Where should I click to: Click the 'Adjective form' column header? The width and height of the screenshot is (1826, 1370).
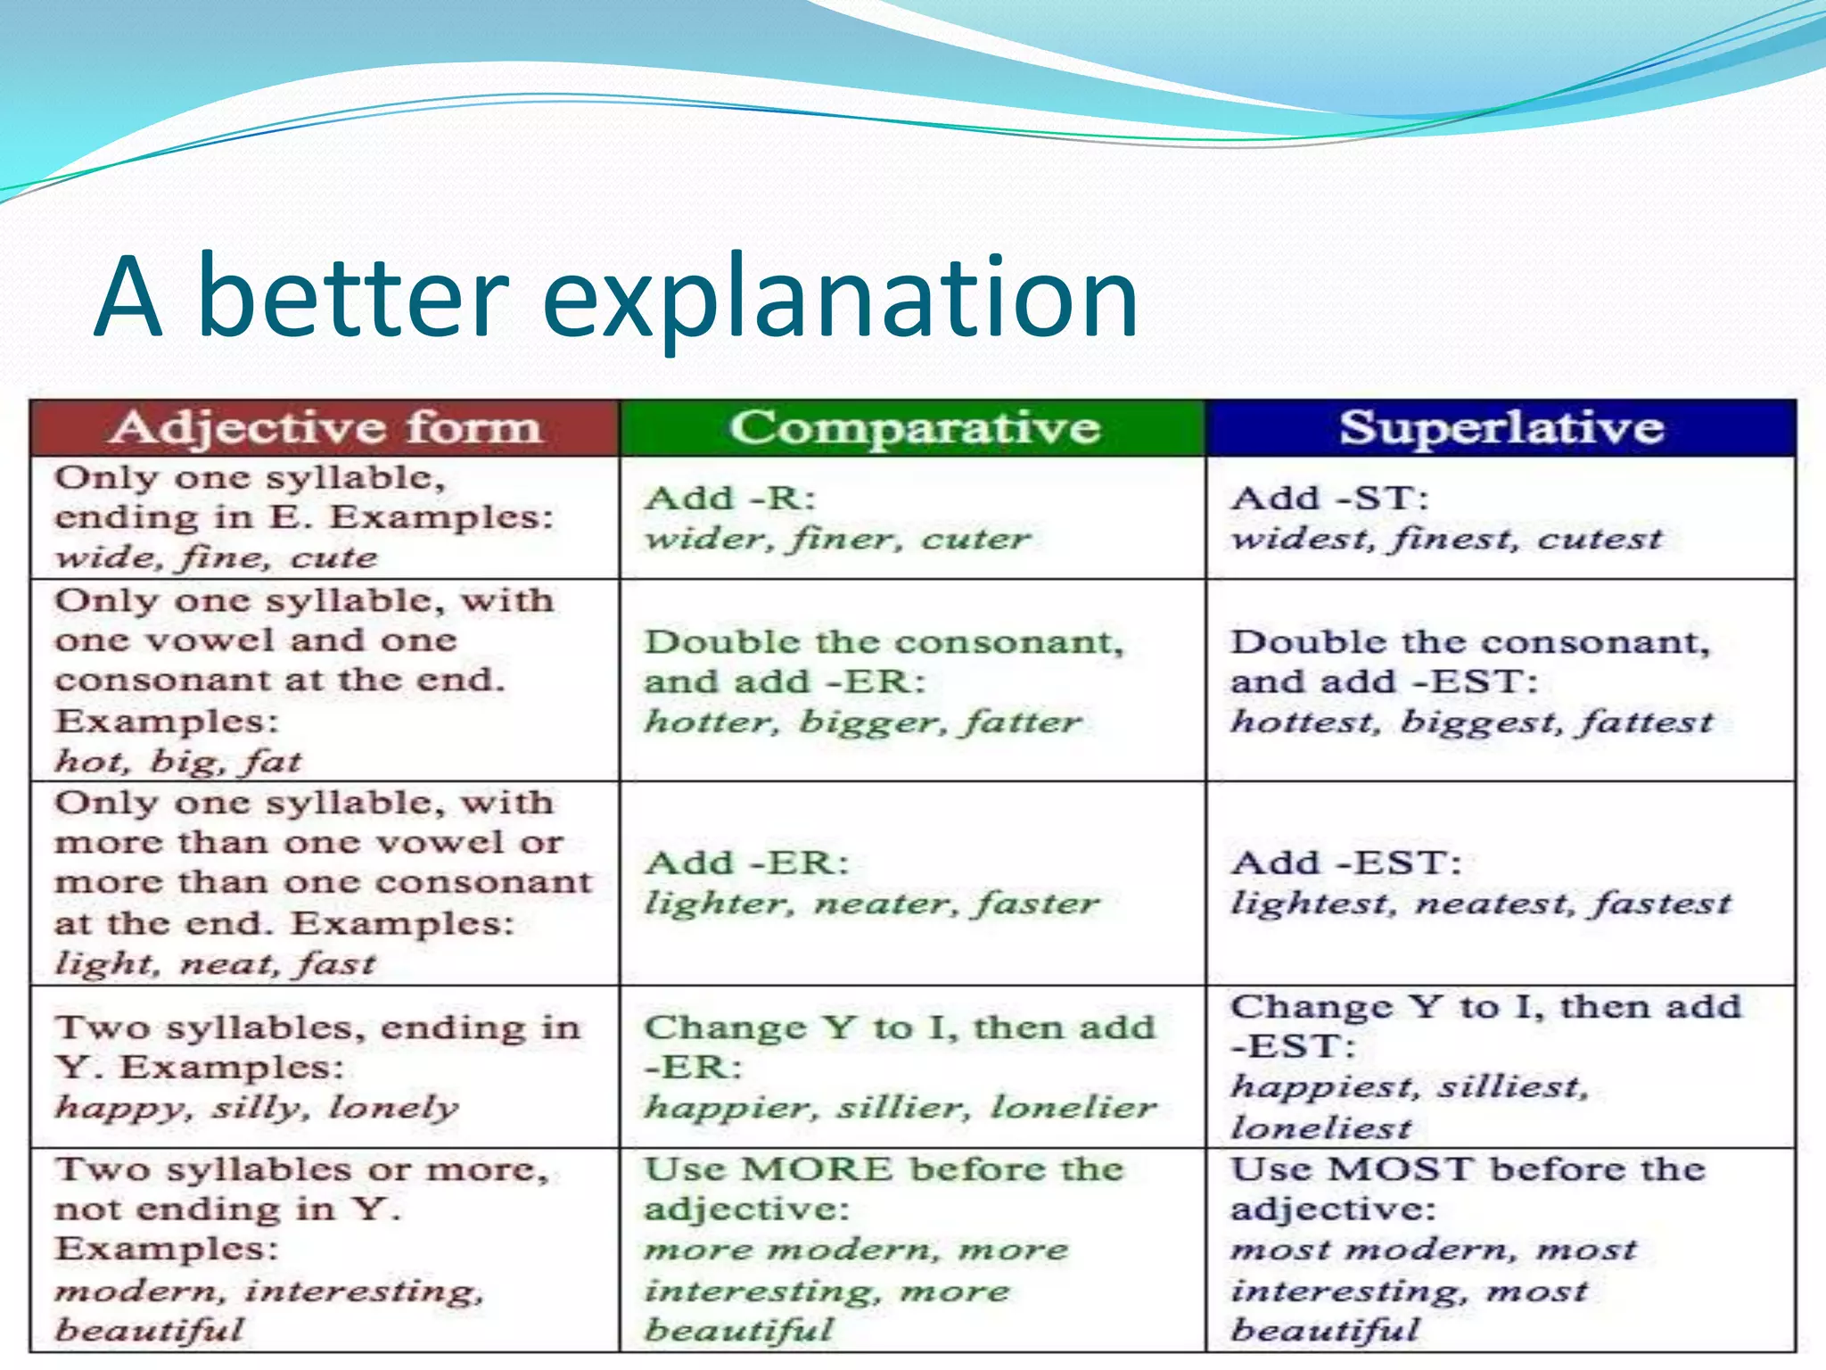point(325,428)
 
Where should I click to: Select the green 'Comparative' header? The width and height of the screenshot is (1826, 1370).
point(914,428)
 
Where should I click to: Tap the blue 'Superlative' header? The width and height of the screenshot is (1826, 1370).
point(1501,428)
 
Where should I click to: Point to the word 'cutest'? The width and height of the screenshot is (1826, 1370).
point(1600,539)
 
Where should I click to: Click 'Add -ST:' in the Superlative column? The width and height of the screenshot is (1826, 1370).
point(1328,498)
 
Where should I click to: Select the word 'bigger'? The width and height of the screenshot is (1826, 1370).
point(869,722)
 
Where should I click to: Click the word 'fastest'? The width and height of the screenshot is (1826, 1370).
point(1663,904)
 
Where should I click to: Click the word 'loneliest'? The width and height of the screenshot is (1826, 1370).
point(1320,1129)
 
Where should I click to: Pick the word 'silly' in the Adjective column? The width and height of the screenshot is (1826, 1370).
point(259,1109)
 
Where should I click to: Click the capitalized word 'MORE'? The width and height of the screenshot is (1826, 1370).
point(817,1169)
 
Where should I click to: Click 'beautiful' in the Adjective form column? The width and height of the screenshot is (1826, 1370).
point(149,1330)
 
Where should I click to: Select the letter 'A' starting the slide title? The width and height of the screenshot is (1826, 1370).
point(128,299)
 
